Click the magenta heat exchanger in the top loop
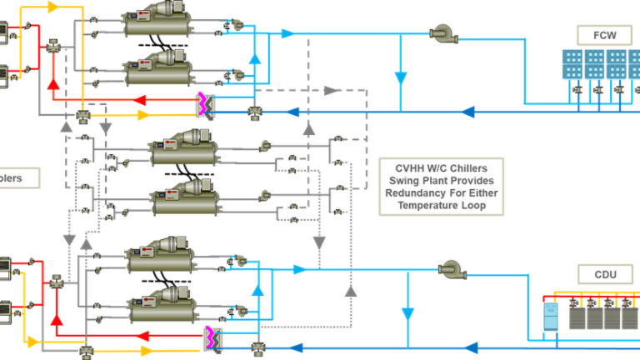coord(202,104)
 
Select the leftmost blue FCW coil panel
coord(573,64)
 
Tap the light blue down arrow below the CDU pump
coord(407,314)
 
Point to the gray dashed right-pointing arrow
coord(332,90)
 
